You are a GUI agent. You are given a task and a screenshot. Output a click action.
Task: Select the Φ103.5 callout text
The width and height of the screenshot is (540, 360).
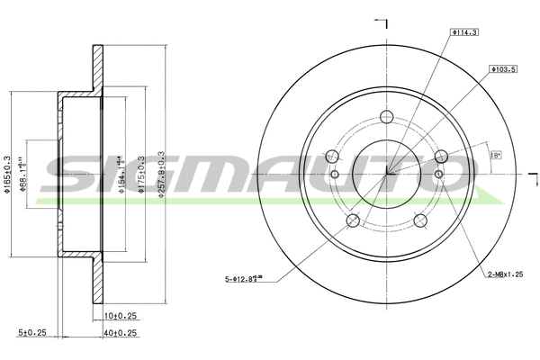501,68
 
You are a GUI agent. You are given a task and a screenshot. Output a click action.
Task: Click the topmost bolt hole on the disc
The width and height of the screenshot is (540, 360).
387,115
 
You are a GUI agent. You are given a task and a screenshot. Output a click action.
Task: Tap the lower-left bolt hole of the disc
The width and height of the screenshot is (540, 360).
353,221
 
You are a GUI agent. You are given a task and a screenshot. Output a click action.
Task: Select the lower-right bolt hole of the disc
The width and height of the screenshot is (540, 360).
420,221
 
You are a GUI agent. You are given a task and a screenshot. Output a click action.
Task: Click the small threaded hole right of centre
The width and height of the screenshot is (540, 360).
439,174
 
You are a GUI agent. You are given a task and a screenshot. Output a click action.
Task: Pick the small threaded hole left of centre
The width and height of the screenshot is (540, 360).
334,174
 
